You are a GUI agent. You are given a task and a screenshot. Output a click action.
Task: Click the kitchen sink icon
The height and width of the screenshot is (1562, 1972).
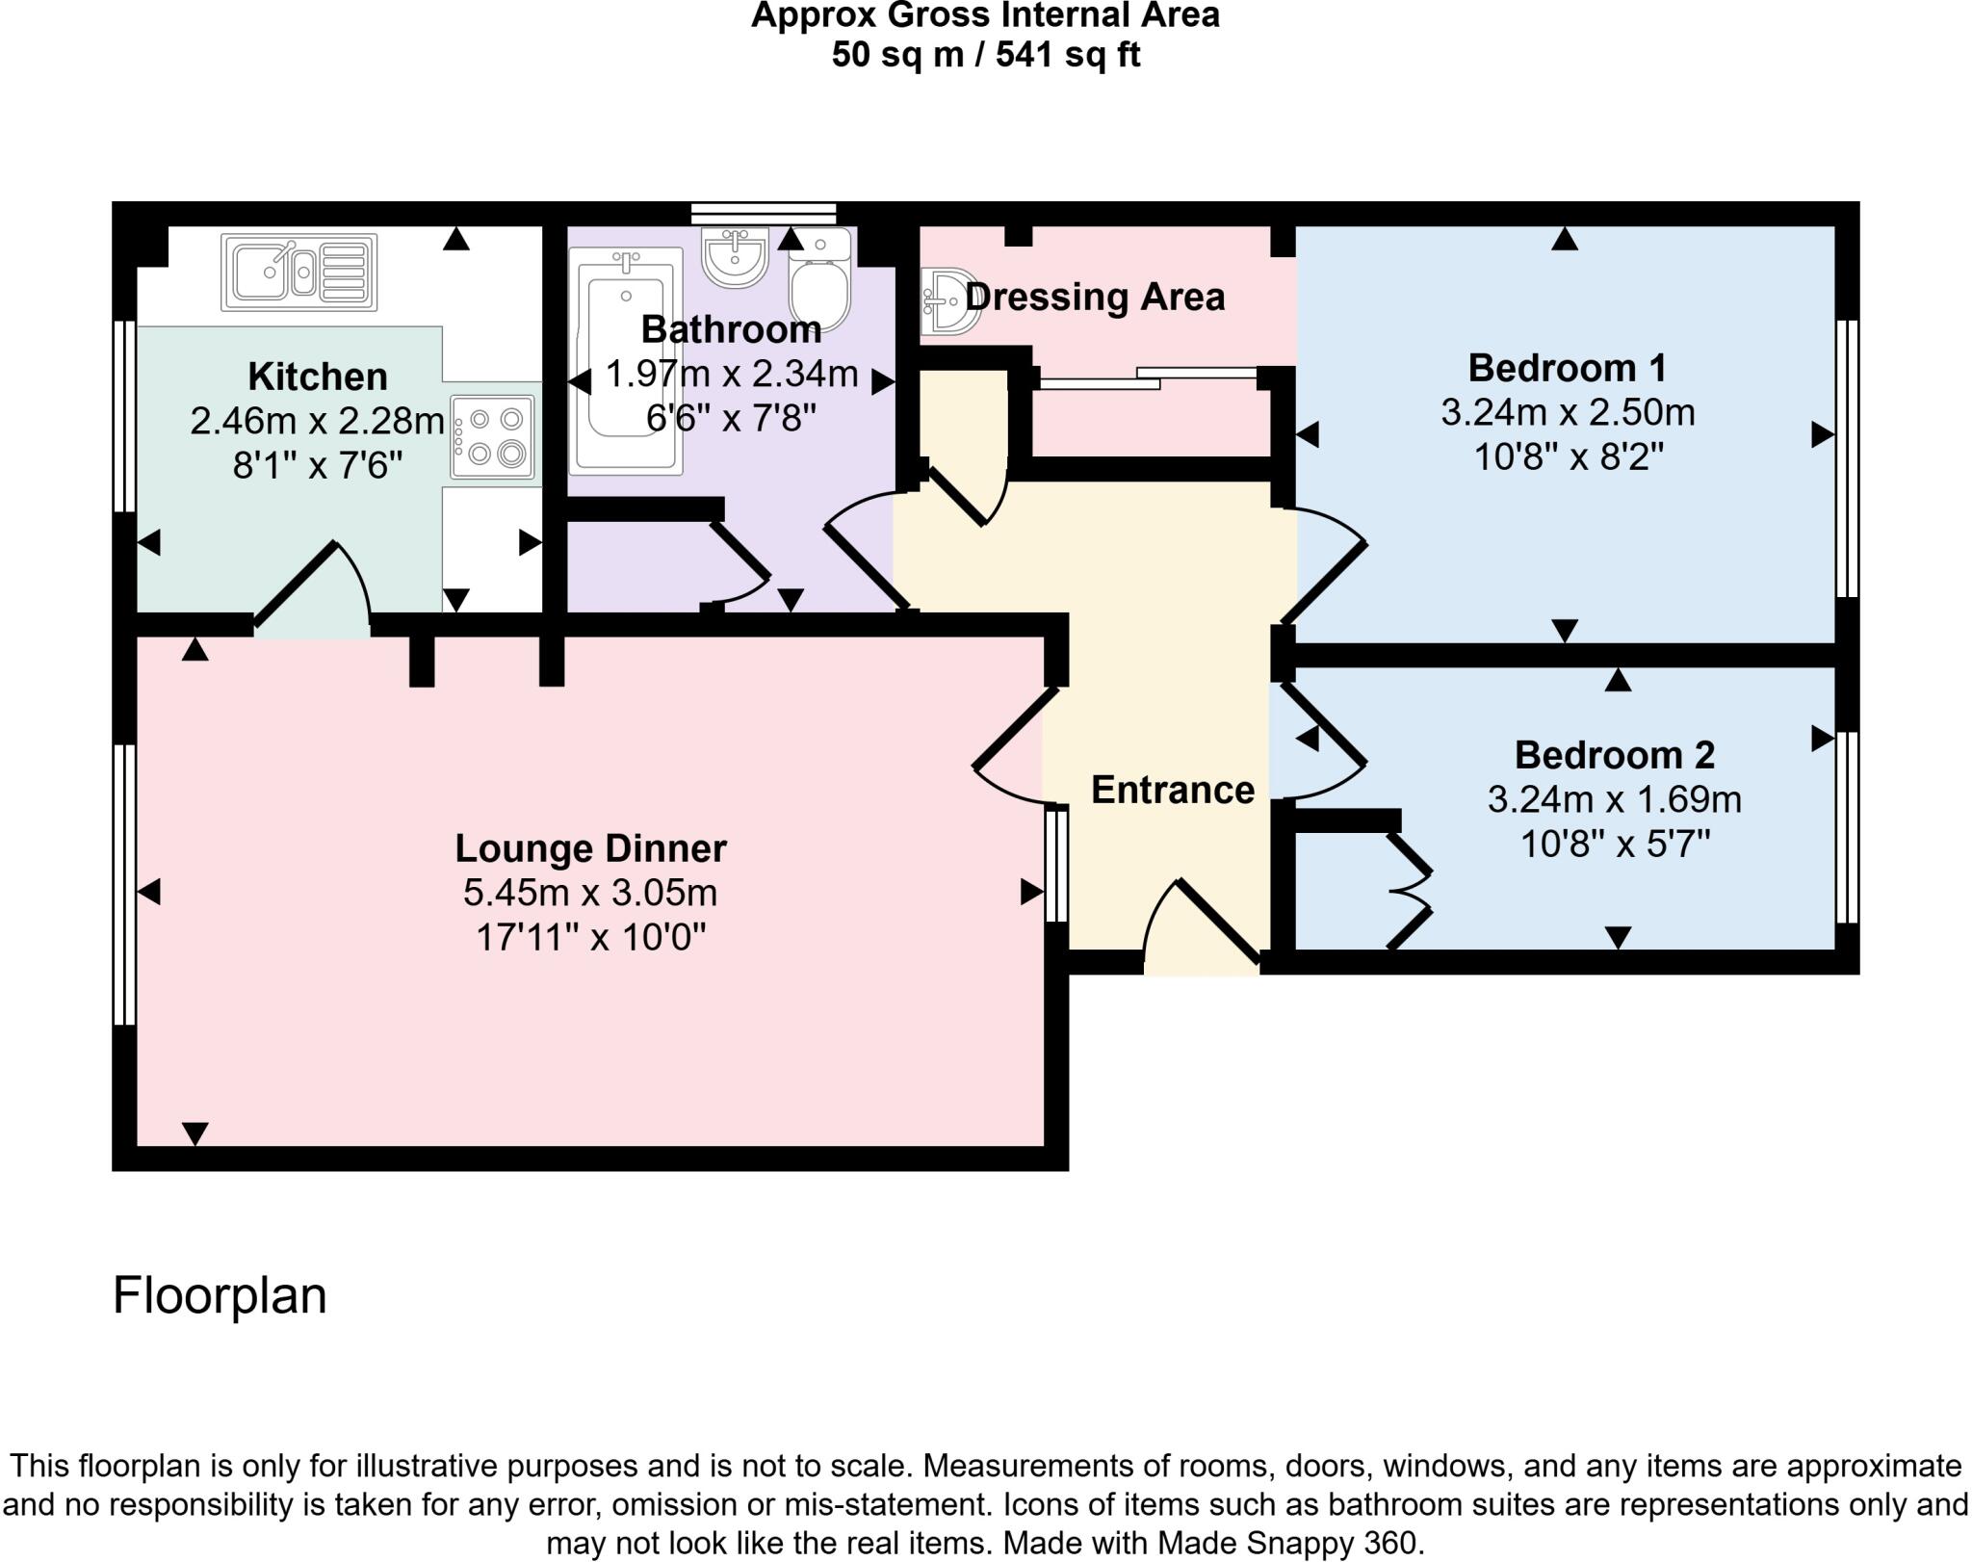(x=298, y=273)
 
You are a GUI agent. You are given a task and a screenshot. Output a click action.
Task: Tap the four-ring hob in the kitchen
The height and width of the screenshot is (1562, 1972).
(x=492, y=436)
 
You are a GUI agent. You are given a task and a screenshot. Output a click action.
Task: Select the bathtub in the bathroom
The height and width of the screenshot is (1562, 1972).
(x=626, y=361)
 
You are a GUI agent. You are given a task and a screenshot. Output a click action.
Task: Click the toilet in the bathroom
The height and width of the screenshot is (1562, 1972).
(x=820, y=279)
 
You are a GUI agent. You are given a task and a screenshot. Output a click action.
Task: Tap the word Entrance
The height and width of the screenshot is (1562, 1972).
(x=1172, y=790)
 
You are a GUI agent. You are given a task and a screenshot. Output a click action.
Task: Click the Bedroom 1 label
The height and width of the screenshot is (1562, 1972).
(x=1567, y=368)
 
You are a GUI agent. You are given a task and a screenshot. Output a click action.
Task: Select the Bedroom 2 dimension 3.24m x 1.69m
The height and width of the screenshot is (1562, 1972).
(x=1614, y=799)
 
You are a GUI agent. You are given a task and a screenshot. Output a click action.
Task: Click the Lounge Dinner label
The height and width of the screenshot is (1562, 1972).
(x=590, y=848)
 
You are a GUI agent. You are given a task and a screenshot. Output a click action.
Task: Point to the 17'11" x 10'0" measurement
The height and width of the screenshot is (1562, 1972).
(x=590, y=936)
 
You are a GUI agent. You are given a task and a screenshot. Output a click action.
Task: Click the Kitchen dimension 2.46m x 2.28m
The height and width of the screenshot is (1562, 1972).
(x=317, y=421)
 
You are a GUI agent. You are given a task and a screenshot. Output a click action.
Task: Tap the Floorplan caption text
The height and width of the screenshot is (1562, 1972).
(x=220, y=1295)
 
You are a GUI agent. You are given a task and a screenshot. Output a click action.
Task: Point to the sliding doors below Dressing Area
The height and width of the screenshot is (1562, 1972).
(x=1146, y=378)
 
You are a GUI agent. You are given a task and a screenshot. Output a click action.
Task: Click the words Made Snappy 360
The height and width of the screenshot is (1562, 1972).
(x=1289, y=1544)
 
